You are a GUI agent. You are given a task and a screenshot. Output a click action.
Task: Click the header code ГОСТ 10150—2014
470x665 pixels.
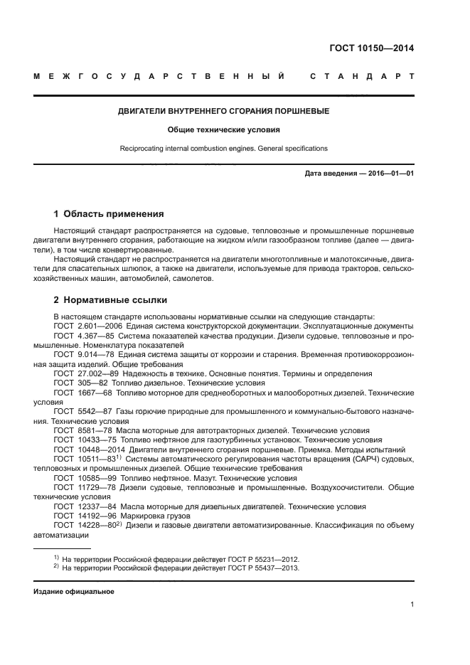(372, 49)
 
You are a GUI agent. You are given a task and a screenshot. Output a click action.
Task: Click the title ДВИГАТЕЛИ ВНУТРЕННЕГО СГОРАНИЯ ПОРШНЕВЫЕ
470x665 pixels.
(223, 112)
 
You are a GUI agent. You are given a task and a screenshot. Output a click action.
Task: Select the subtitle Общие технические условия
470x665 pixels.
(223, 130)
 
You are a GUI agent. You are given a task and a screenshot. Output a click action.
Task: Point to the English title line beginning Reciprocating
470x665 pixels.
(223, 149)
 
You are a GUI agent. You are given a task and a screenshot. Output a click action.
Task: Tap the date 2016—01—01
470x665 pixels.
(389, 174)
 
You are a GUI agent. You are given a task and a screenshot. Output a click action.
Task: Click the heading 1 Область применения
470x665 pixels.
(110, 213)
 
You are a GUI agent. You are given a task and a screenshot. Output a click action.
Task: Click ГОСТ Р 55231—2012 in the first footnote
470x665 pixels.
(262, 559)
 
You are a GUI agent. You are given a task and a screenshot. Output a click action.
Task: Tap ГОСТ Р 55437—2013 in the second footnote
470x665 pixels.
(262, 568)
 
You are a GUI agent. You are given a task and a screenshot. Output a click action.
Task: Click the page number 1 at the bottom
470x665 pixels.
(412, 605)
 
